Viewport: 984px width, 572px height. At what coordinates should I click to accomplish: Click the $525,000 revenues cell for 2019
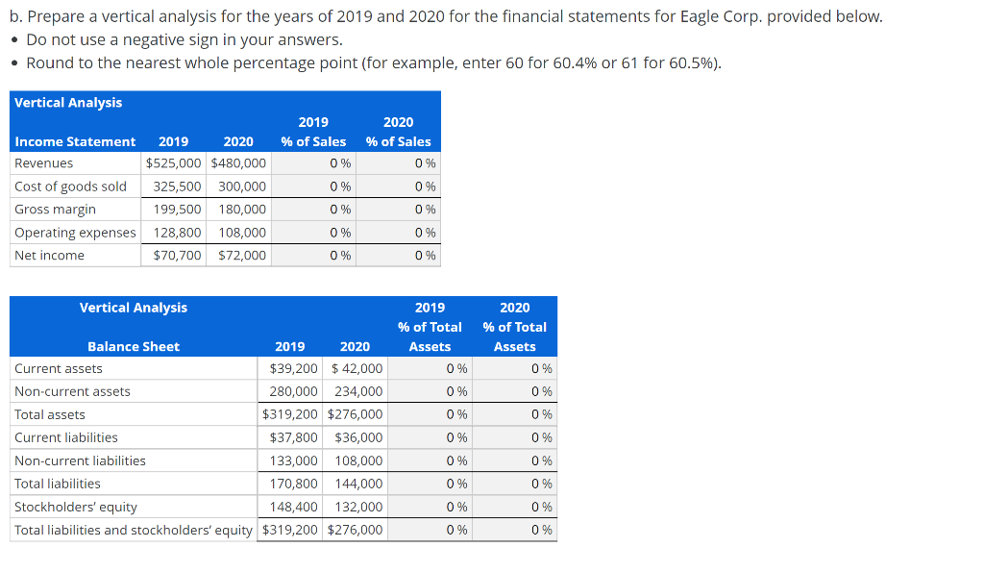(174, 163)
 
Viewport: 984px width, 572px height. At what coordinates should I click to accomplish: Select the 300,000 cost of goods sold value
(242, 187)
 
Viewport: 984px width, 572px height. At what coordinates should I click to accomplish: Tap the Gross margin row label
(55, 210)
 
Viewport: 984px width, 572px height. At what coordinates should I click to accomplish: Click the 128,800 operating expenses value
(178, 233)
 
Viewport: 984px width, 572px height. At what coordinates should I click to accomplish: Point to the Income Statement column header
(75, 141)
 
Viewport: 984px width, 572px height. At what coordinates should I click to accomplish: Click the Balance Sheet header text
(133, 346)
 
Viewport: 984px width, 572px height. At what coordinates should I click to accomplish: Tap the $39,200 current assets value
(294, 369)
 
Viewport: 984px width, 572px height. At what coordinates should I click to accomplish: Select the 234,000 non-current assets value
(358, 392)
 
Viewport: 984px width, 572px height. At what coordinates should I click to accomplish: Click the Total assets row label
(50, 415)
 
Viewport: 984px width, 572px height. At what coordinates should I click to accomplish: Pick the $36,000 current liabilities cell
(358, 438)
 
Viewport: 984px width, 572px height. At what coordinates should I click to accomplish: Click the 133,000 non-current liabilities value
(294, 461)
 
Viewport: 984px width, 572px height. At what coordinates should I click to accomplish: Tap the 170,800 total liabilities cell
(294, 485)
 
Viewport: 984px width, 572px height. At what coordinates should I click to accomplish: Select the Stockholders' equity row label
(76, 508)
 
